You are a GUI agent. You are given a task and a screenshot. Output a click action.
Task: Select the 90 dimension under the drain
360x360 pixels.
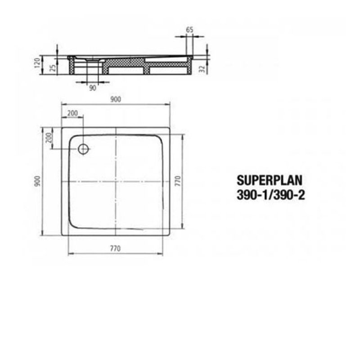[x=93, y=88]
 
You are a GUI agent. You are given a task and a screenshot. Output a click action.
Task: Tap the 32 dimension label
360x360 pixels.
[x=202, y=68]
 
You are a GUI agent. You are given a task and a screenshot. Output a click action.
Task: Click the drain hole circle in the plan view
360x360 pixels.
[x=83, y=149]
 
